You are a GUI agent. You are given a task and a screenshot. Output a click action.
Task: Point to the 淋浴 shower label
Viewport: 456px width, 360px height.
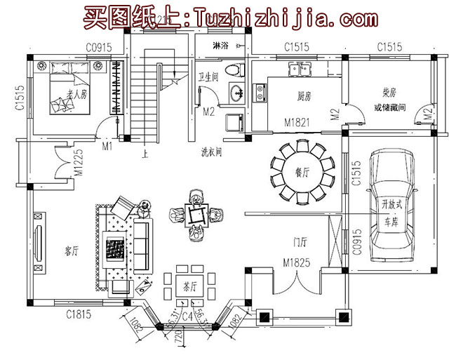click(x=218, y=47)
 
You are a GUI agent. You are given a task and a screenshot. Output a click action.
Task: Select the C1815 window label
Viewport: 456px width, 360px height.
click(x=78, y=314)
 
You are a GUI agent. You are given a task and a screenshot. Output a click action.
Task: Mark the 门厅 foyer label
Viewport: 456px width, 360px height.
click(x=300, y=243)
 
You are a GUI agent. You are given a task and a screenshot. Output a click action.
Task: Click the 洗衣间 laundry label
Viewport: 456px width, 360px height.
click(x=210, y=150)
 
